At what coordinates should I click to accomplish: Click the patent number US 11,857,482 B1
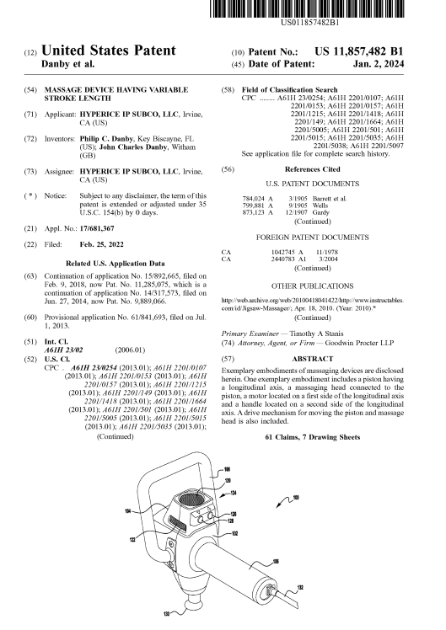click(x=358, y=52)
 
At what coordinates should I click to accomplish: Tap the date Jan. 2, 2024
click(x=379, y=64)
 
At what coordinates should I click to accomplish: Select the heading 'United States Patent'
click(x=109, y=51)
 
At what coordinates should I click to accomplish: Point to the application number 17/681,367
click(x=97, y=228)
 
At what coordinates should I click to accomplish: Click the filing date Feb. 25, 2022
click(x=101, y=245)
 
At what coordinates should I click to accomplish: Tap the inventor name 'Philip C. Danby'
click(x=106, y=139)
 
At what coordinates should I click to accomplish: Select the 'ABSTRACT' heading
click(x=313, y=359)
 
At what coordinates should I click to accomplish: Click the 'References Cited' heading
click(x=313, y=169)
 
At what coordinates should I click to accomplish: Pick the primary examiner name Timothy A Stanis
click(x=316, y=334)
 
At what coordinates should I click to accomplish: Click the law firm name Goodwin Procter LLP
click(x=359, y=343)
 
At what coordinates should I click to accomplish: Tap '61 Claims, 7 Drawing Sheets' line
click(x=313, y=437)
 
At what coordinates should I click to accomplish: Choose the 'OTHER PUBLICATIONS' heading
click(x=313, y=286)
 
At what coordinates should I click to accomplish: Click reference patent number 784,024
click(x=254, y=199)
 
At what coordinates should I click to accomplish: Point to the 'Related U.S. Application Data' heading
click(x=116, y=264)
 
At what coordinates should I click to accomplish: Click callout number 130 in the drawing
click(x=166, y=613)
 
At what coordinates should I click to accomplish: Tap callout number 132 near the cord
click(x=300, y=588)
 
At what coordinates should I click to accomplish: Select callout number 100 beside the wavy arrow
click(x=296, y=498)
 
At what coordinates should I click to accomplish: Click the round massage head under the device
click(x=192, y=601)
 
